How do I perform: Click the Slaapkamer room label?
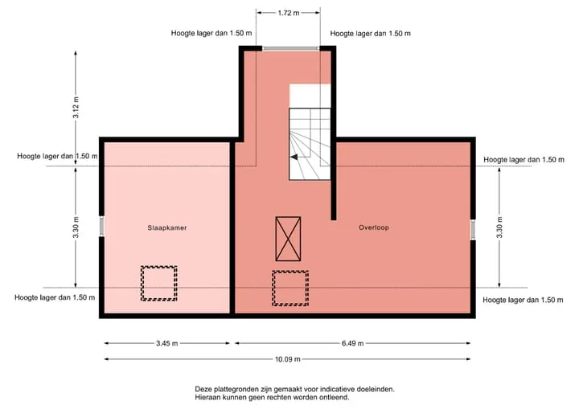click(x=167, y=227)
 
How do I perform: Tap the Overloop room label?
click(x=374, y=227)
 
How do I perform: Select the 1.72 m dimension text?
click(x=289, y=13)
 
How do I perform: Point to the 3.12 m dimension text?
click(x=76, y=108)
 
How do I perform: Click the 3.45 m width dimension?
click(x=167, y=343)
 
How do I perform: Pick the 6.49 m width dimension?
click(x=353, y=343)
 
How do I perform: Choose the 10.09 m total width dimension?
click(x=287, y=359)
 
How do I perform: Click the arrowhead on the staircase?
click(x=294, y=157)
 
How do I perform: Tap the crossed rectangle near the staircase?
click(x=288, y=239)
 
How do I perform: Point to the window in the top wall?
click(x=290, y=48)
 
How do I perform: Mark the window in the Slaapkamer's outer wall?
click(x=102, y=226)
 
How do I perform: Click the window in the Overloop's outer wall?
click(x=473, y=230)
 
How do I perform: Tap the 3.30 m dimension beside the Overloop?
click(x=499, y=227)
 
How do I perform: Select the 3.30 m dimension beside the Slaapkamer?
click(x=76, y=227)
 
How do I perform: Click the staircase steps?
click(x=310, y=144)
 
